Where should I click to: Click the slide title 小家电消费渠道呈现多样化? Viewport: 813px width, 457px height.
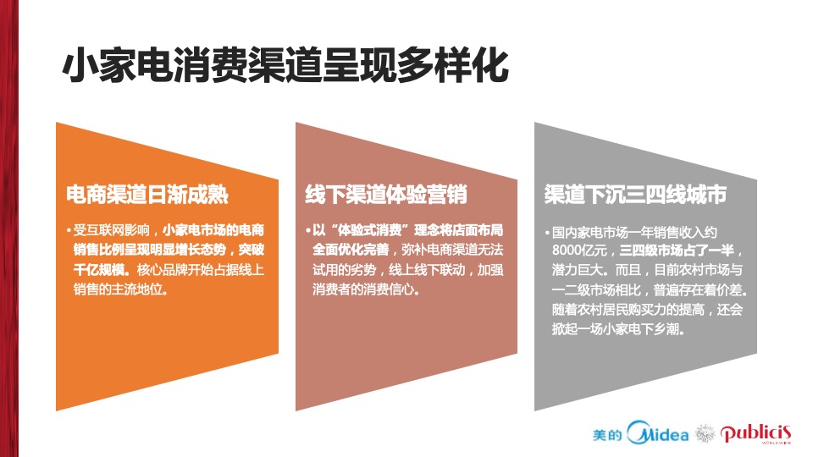tap(285, 66)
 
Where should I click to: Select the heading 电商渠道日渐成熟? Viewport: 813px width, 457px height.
tap(147, 195)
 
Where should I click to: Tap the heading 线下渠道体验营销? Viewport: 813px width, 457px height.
tap(385, 195)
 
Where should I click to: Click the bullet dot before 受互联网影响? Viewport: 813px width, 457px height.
tap(69, 231)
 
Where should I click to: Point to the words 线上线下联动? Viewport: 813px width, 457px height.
tap(432, 270)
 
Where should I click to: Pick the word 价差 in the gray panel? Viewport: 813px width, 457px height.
tap(736, 290)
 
